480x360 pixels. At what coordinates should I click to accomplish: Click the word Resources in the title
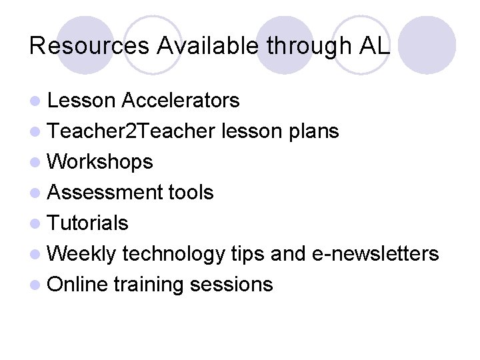[90, 46]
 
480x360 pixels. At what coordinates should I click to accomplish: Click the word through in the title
[307, 46]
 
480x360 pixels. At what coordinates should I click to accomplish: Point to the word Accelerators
[180, 101]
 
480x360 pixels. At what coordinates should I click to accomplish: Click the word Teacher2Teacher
[131, 131]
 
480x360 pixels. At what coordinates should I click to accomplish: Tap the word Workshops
[101, 162]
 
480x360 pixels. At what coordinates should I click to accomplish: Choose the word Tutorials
[88, 223]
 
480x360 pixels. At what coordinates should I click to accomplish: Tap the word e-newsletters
[375, 254]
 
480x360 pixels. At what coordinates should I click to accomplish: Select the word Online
[78, 285]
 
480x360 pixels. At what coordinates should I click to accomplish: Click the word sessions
[231, 285]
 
